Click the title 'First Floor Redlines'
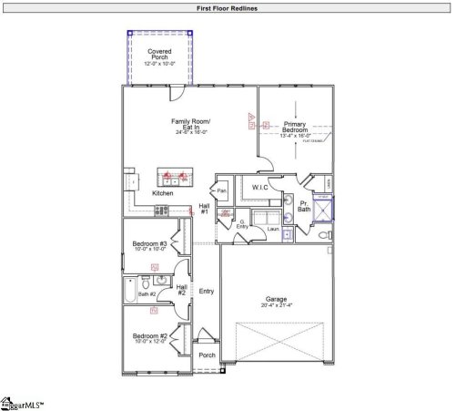pos(233,7)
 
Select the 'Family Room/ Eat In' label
pos(192,123)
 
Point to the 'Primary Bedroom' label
pos(296,127)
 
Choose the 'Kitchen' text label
pos(163,193)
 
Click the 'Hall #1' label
pos(204,210)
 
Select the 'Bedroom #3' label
pos(149,244)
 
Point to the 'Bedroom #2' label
pos(149,335)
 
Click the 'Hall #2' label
pos(181,290)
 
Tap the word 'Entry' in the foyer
pos(207,291)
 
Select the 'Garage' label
pos(277,299)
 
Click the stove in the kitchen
pos(162,210)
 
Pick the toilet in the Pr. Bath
pos(323,235)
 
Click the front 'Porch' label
pos(207,355)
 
